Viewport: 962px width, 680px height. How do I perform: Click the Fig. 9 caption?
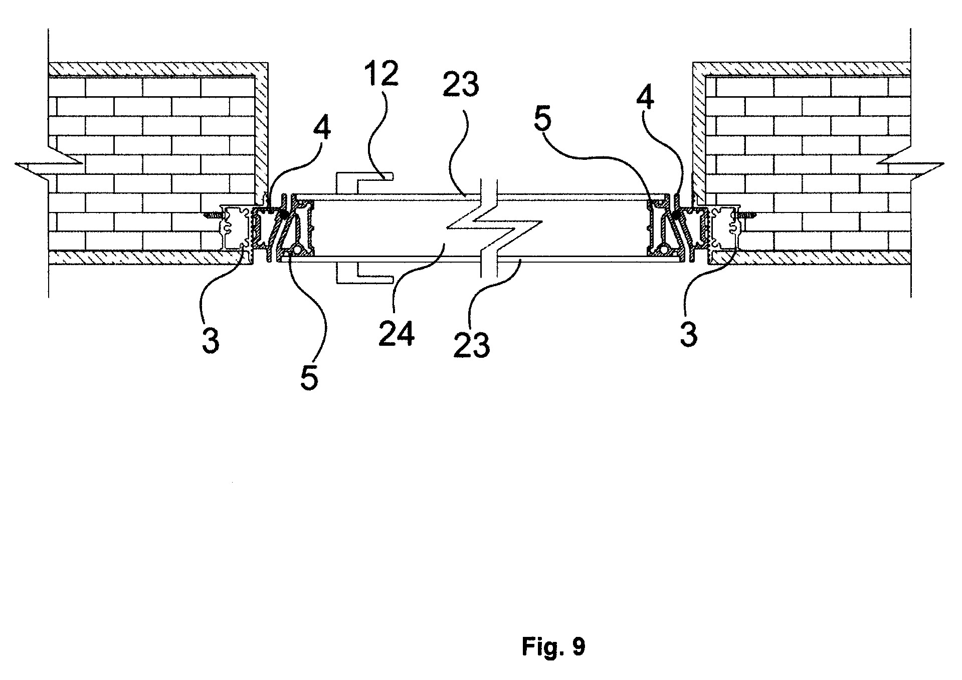click(x=553, y=646)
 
